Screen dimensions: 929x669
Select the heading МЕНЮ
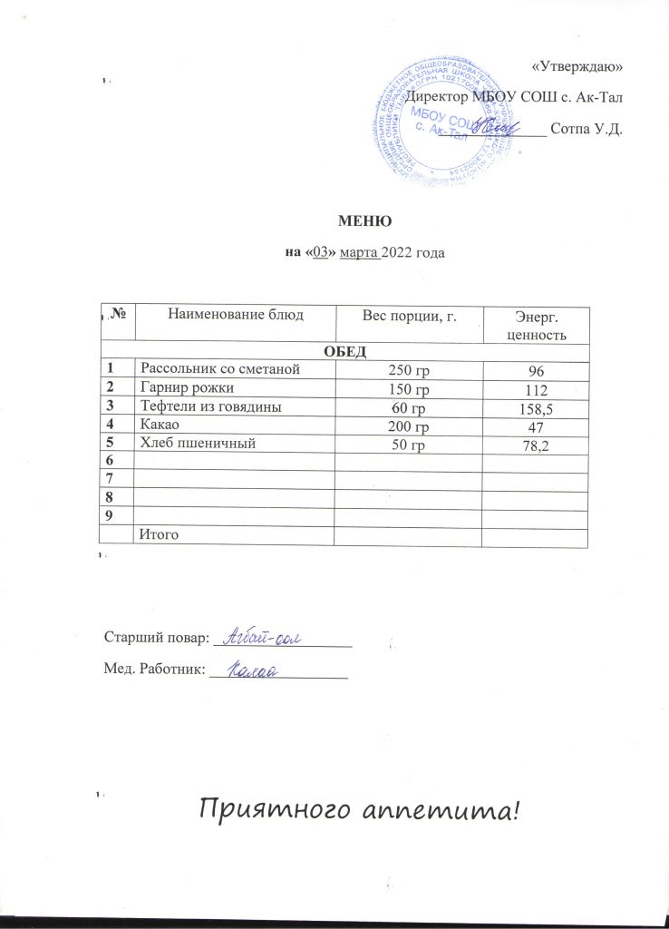[x=364, y=220]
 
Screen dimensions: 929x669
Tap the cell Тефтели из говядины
[x=208, y=407]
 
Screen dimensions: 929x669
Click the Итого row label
[x=157, y=535]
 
